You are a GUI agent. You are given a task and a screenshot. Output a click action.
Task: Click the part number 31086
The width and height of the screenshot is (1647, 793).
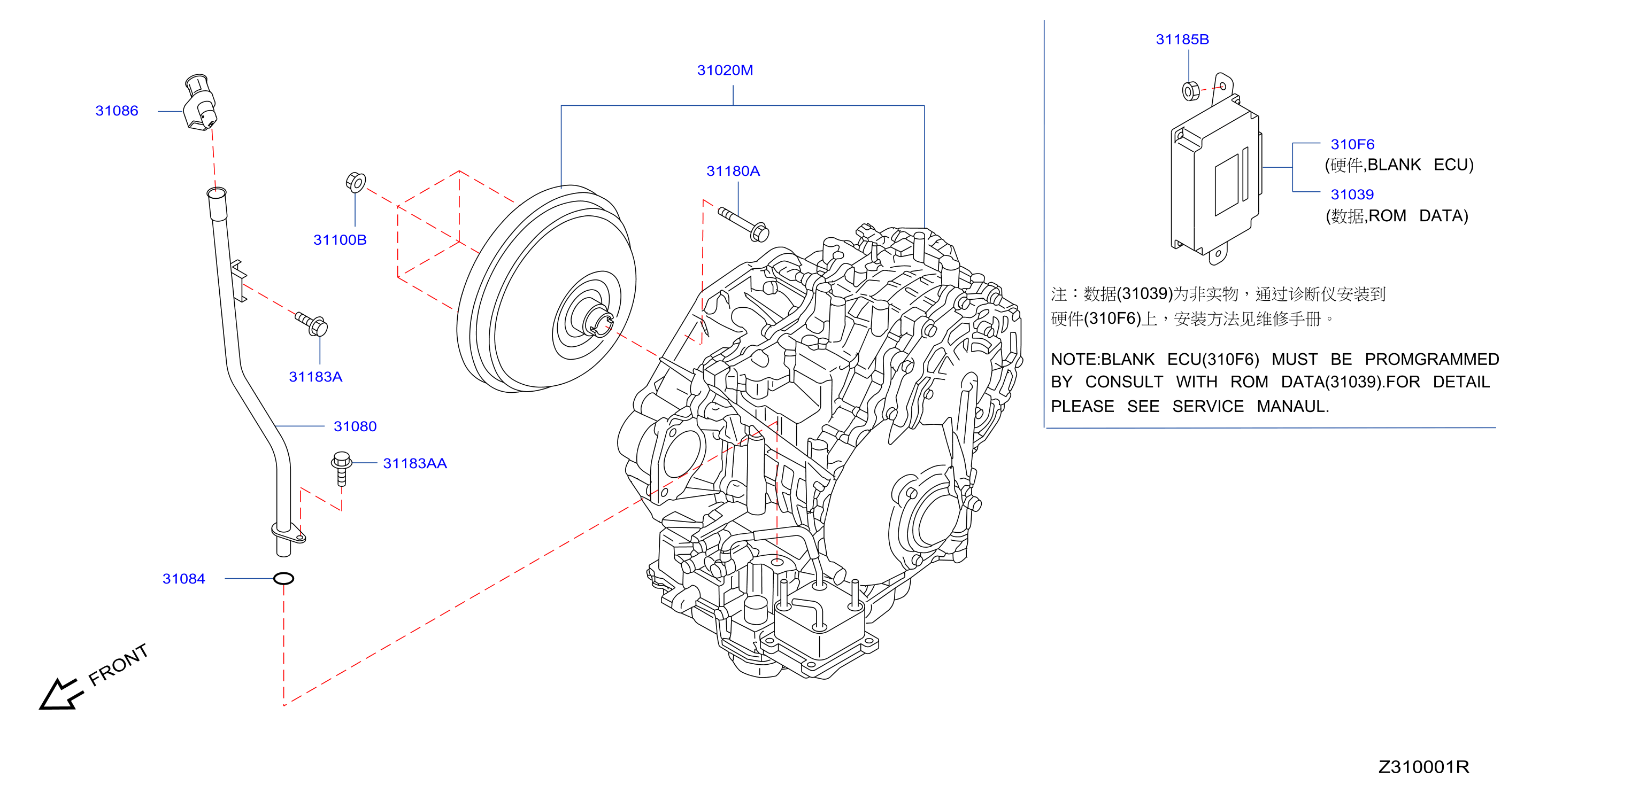click(117, 111)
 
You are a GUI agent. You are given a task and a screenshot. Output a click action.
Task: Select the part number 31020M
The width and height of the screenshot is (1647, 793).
click(725, 71)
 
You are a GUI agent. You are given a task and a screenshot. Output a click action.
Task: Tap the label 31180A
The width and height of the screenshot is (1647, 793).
click(733, 171)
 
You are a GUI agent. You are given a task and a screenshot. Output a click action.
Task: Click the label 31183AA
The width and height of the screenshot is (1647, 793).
click(415, 463)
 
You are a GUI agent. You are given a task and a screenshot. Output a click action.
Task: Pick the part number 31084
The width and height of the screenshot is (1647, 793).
click(183, 578)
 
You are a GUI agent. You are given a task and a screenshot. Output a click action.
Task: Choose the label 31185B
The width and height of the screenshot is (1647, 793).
click(1182, 40)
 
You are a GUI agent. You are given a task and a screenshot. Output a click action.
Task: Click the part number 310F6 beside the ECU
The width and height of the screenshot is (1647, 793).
click(1352, 144)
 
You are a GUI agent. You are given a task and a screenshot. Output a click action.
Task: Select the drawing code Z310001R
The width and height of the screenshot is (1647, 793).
click(1423, 767)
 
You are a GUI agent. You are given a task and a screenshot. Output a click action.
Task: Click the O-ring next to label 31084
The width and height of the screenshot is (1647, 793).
click(283, 579)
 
